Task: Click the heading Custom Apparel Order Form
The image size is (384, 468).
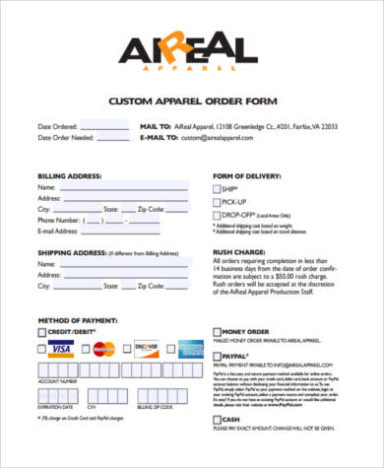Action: (192, 101)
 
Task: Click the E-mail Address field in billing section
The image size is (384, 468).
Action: (133, 232)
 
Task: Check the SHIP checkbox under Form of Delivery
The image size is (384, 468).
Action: (217, 188)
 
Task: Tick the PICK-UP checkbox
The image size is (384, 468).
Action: (217, 201)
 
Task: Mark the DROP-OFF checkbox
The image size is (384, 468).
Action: (217, 214)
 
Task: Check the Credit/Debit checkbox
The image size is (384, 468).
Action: (41, 334)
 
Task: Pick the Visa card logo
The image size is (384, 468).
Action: (60, 349)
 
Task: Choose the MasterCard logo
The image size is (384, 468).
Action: (104, 349)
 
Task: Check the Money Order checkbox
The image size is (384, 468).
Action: (217, 332)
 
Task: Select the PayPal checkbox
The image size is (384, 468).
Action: (217, 355)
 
